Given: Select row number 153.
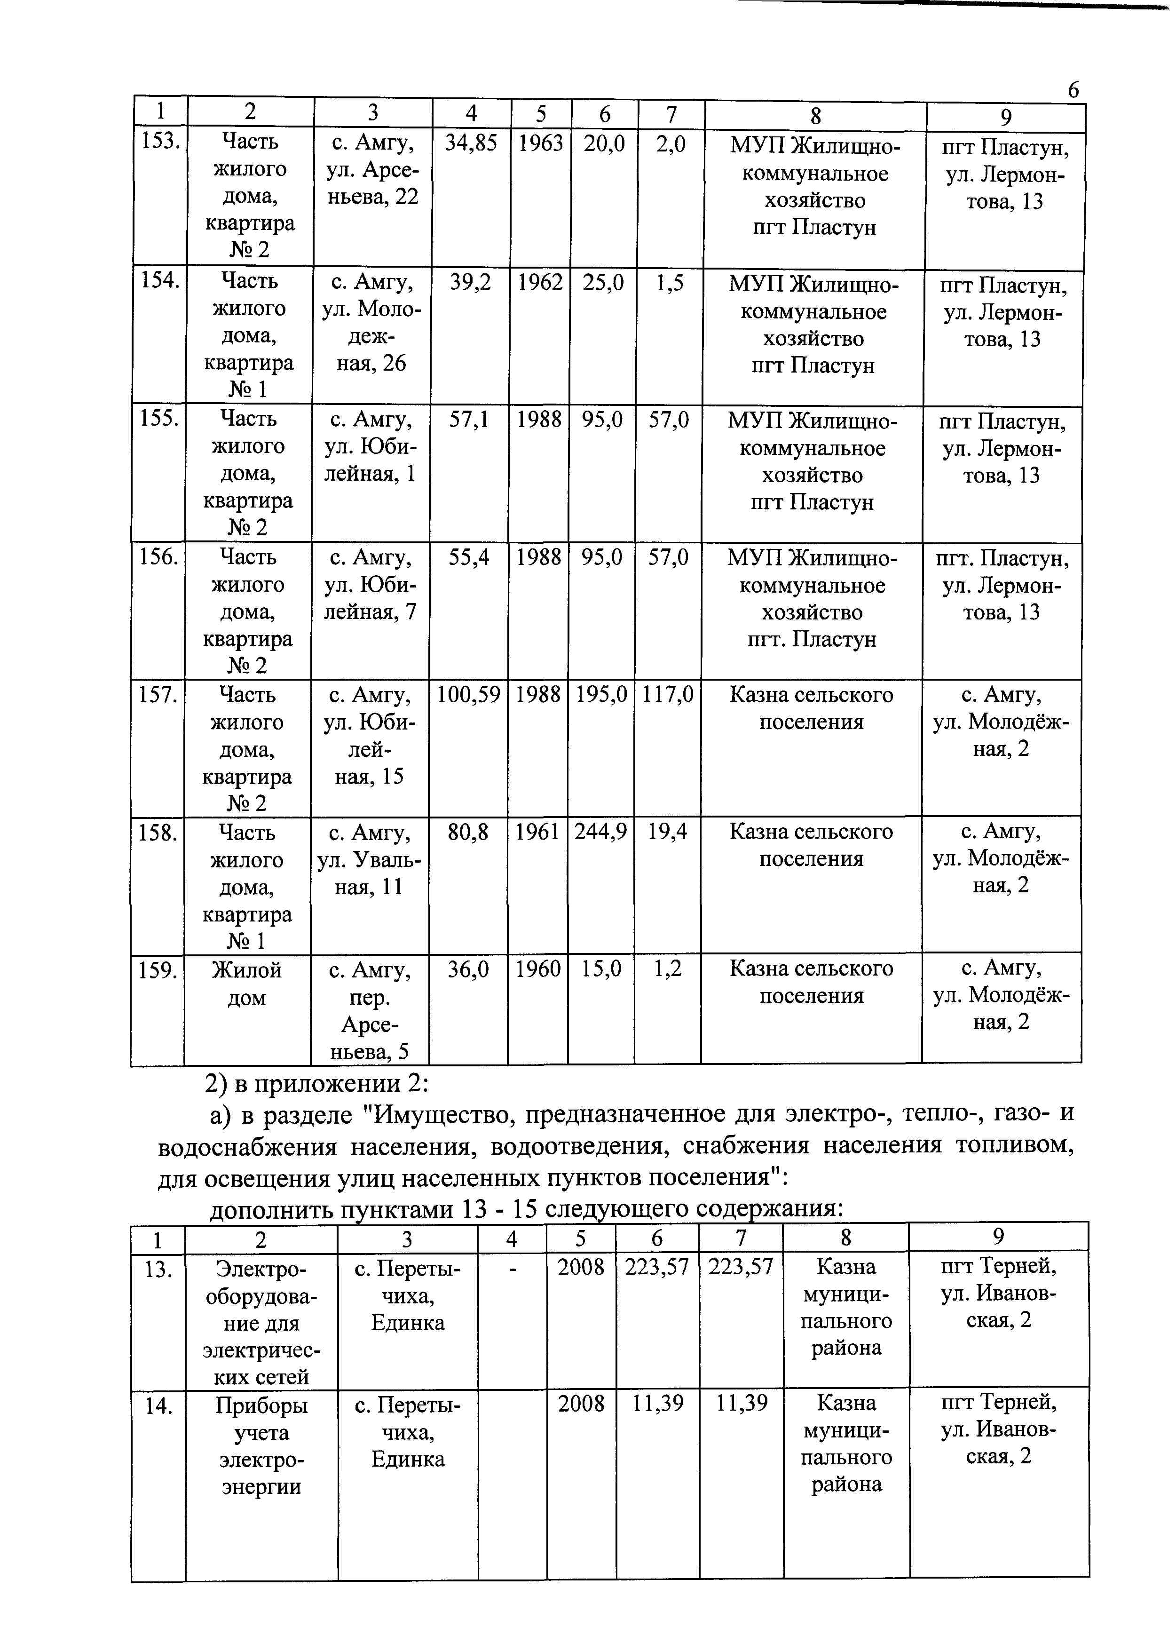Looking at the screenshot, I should coord(160,141).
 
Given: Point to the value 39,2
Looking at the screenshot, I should coord(470,282).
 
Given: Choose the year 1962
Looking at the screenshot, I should coord(539,282).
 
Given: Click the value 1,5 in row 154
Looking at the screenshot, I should coord(670,282).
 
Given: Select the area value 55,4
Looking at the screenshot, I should coord(468,556).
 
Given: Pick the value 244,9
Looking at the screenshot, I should coord(601,832).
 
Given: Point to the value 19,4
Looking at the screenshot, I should coord(667,832).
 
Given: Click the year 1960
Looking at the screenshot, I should coord(538,968).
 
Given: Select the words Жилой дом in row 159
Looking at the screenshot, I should coord(247,983).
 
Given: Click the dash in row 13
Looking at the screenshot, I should coord(512,1268).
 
